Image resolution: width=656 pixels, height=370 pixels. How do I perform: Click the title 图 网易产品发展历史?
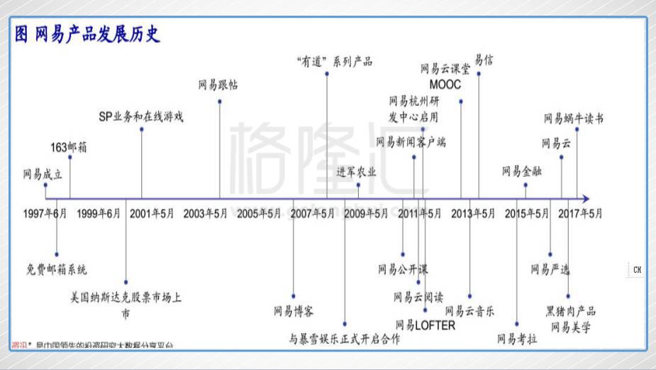[87, 34]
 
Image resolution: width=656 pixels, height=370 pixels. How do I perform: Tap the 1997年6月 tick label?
[45, 213]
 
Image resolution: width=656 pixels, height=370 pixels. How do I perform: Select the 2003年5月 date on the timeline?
[206, 213]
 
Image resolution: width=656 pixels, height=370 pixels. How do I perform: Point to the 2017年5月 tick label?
[580, 213]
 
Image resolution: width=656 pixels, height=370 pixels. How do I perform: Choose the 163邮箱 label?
[69, 147]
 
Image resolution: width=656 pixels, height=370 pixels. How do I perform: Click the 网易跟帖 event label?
[218, 85]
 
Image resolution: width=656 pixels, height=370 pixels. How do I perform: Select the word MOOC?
[445, 85]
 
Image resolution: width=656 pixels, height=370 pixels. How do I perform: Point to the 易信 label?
[484, 60]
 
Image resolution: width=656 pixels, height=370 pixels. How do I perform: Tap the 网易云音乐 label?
[469, 310]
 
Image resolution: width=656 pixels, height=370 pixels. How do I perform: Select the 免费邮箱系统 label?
[57, 269]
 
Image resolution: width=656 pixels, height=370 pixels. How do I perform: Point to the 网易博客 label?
[294, 310]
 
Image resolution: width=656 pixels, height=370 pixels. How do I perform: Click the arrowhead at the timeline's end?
[584, 199]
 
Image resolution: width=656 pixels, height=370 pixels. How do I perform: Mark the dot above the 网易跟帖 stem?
[220, 102]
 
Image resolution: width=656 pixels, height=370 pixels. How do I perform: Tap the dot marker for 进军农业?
[358, 185]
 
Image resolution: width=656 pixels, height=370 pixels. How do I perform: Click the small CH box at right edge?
[637, 270]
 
